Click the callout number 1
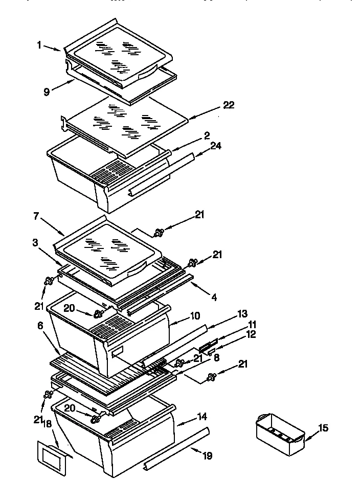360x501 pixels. click(39, 44)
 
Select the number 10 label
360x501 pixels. click(195, 316)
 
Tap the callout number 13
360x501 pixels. click(228, 313)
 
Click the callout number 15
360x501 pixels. click(323, 427)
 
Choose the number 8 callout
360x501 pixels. click(216, 358)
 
